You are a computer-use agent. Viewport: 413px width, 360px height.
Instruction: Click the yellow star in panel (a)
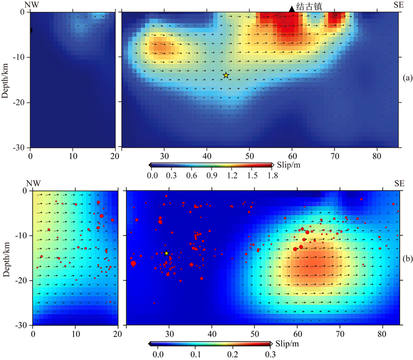226,75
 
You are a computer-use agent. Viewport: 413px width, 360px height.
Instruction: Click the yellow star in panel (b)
167,253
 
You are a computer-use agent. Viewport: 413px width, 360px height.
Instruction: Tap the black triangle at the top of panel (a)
291,8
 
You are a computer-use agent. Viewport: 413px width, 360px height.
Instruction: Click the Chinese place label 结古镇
309,6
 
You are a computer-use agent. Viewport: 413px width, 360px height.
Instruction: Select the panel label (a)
406,77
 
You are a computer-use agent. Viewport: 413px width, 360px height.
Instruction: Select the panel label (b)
406,259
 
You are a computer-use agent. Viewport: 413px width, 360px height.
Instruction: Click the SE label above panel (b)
400,184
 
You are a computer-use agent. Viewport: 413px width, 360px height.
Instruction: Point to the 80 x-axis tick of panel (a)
377,156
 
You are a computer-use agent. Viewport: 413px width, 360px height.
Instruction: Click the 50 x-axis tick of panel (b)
254,334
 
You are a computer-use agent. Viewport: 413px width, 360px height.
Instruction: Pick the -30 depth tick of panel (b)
19,325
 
